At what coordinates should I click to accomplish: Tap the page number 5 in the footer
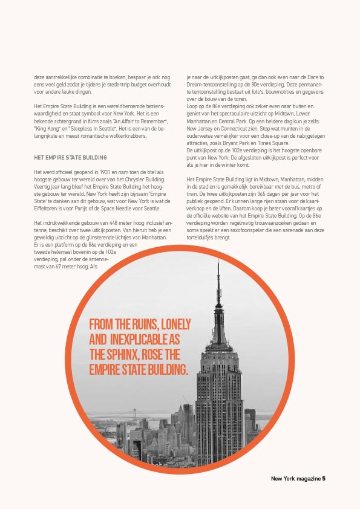pos(324,479)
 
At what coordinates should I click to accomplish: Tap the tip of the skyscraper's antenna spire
pos(218,261)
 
